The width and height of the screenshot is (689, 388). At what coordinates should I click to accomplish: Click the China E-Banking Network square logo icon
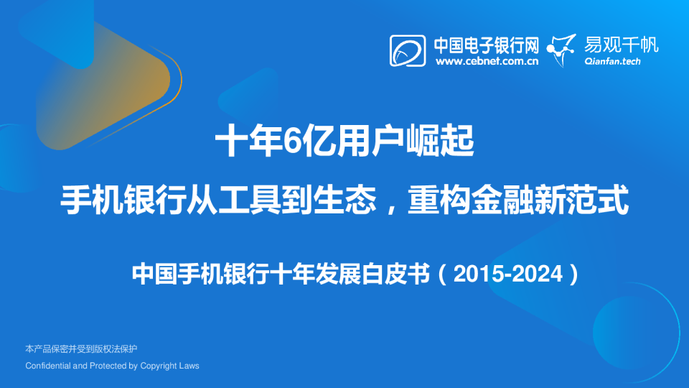pyautogui.click(x=408, y=51)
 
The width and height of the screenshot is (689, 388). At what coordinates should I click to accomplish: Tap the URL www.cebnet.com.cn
pyautogui.click(x=487, y=61)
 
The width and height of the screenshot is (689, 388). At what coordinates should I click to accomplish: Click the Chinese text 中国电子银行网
pyautogui.click(x=487, y=45)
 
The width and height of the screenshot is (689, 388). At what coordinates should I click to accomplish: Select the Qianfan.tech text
pyautogui.click(x=612, y=62)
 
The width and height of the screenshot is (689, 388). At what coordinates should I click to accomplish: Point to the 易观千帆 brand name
pyautogui.click(x=622, y=45)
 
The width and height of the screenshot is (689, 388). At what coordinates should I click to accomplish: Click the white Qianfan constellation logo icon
pyautogui.click(x=561, y=50)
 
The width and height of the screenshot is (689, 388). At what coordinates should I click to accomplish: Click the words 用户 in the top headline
pyautogui.click(x=353, y=141)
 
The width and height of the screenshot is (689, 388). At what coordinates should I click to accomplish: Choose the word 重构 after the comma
pyautogui.click(x=439, y=200)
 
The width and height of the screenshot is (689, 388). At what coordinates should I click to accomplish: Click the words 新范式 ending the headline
pyautogui.click(x=581, y=200)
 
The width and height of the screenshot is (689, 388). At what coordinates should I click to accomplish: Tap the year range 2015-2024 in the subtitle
pyautogui.click(x=508, y=274)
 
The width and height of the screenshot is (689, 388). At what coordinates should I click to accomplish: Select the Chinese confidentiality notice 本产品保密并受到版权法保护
pyautogui.click(x=81, y=349)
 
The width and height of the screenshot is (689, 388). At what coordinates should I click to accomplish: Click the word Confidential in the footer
pyautogui.click(x=48, y=366)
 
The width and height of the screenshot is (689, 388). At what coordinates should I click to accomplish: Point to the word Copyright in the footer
pyautogui.click(x=160, y=366)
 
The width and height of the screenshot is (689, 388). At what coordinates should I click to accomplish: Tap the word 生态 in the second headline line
pyautogui.click(x=344, y=200)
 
